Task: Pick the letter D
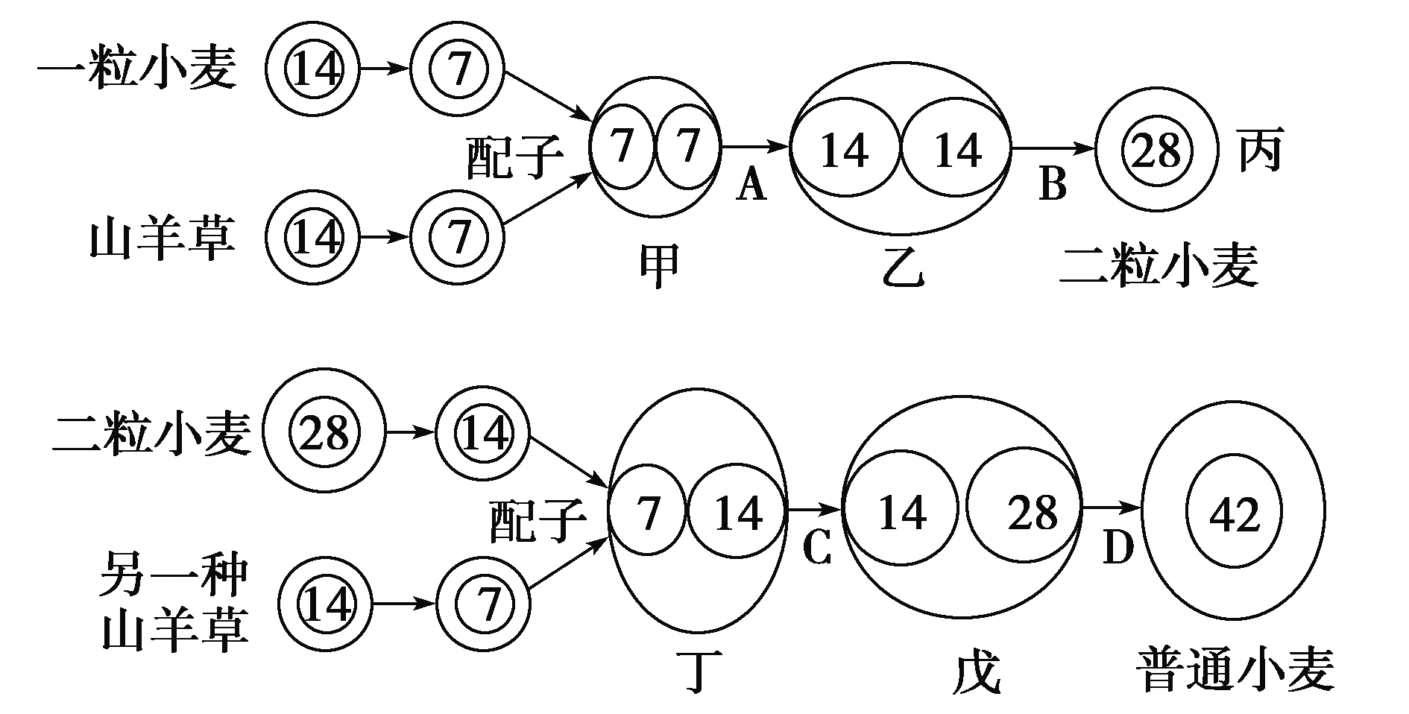pos(1118,549)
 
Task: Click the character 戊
pos(976,673)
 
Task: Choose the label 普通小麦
pos(1235,669)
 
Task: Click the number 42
pos(1235,514)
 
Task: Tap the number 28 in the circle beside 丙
pos(1156,151)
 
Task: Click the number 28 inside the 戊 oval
pos(1033,512)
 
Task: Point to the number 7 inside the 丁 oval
pos(649,514)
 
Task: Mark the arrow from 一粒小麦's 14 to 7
pos(385,69)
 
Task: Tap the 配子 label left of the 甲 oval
pos(514,158)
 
